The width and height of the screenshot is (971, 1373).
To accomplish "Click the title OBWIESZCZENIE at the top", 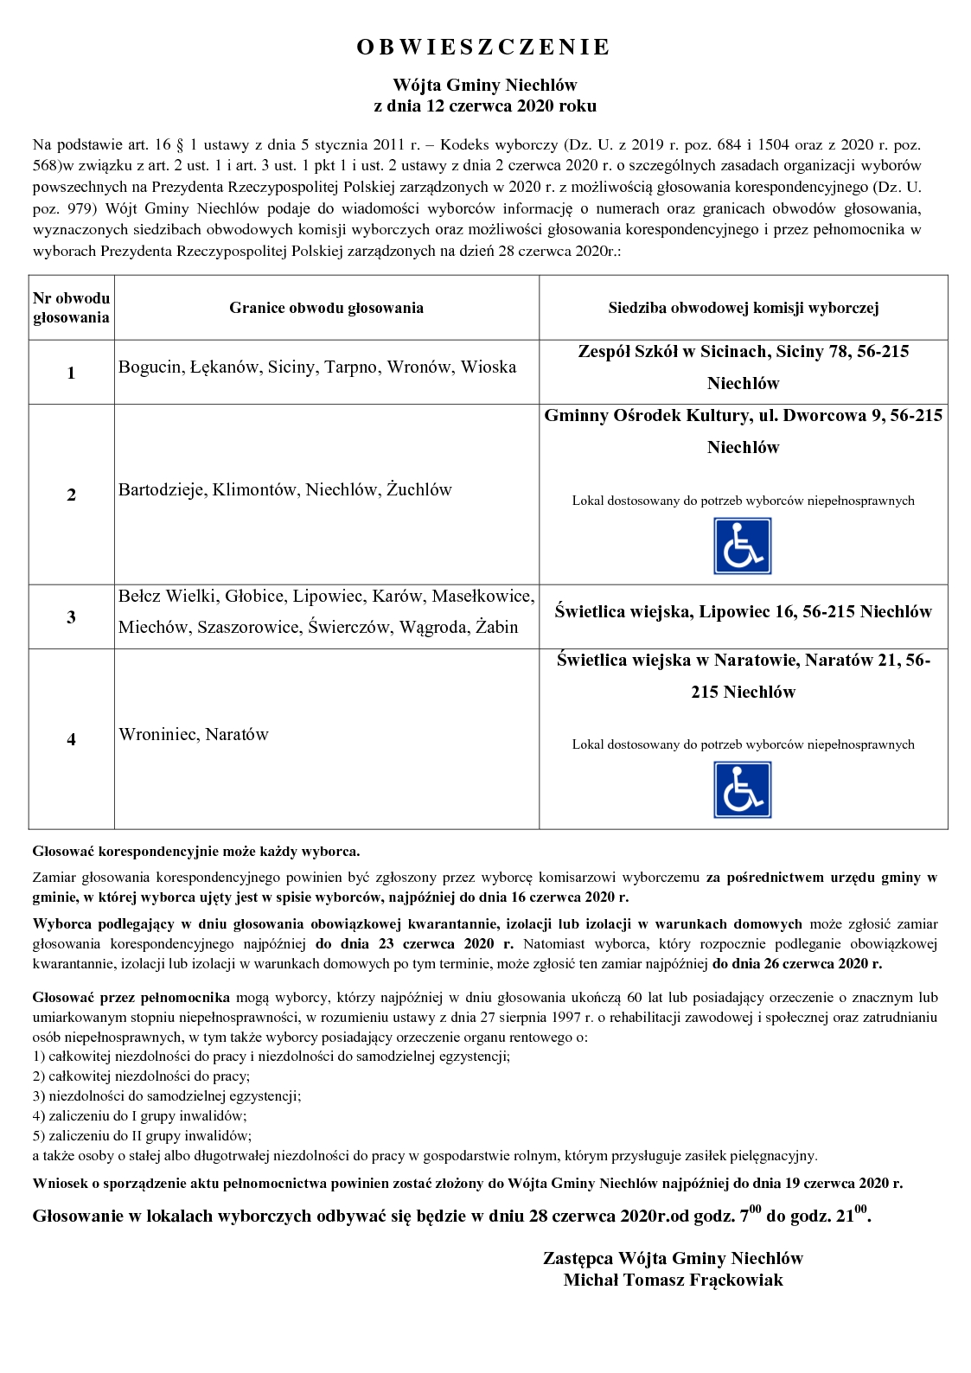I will tap(483, 48).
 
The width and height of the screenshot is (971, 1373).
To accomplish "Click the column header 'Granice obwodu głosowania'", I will tap(326, 308).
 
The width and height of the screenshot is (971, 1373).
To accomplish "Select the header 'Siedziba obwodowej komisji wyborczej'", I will tap(743, 308).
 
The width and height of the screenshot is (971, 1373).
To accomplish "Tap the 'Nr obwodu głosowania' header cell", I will tap(71, 308).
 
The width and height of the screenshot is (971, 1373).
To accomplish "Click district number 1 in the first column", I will tap(71, 373).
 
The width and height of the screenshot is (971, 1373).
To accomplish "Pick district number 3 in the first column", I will tap(71, 617).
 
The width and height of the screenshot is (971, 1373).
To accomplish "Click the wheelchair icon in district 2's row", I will tap(742, 546).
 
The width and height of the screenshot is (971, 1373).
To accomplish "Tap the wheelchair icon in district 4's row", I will tap(742, 789).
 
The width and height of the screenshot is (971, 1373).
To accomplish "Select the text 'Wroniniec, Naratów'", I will tap(194, 735).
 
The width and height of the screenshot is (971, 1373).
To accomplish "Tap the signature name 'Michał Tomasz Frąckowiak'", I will tap(673, 1280).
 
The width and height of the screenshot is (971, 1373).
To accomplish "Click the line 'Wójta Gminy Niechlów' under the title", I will tap(484, 85).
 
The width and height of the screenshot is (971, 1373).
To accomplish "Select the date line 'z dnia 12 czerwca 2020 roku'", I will tap(484, 106).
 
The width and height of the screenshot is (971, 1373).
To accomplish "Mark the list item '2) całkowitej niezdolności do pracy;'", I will tap(141, 1076).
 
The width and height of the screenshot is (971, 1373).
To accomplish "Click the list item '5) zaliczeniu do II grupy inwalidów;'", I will tap(142, 1136).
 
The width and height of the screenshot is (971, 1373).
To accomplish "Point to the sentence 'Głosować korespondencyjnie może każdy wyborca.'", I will tap(196, 852).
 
